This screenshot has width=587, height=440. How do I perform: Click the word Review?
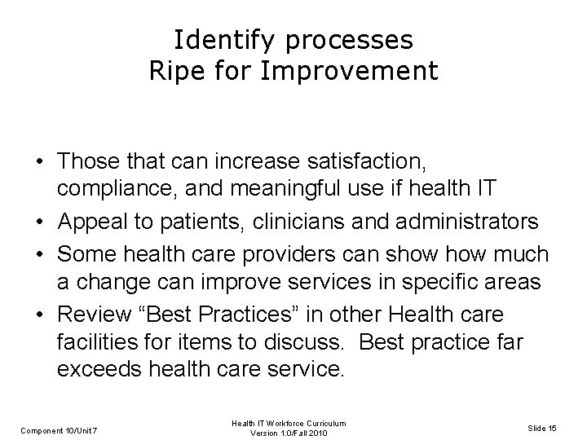point(90,315)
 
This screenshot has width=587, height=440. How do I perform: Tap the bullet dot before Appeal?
point(40,221)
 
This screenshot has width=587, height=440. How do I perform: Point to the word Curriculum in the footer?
point(326,422)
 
